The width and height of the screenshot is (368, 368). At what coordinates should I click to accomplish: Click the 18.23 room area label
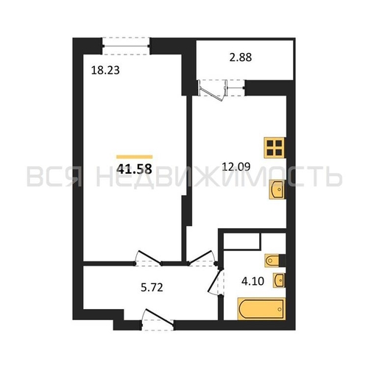[x=105, y=71]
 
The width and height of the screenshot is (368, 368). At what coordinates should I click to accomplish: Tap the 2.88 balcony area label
[x=241, y=57]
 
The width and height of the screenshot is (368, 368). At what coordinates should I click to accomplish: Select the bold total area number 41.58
[x=134, y=169]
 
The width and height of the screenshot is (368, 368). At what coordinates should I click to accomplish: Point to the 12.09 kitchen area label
[x=236, y=167]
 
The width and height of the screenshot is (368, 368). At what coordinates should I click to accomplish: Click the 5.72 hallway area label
[x=152, y=287]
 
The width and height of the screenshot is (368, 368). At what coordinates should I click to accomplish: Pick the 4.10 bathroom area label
[x=252, y=281]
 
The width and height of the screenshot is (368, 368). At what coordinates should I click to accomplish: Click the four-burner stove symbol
[x=275, y=147]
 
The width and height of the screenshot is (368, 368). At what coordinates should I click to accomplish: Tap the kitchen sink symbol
[x=277, y=189]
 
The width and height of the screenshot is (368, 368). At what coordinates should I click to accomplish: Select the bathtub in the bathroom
[x=261, y=309]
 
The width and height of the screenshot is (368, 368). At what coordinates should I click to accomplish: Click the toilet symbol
[x=272, y=261]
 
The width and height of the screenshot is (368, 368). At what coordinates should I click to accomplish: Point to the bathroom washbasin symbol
[x=279, y=280]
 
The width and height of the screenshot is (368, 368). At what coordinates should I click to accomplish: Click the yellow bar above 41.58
[x=135, y=157]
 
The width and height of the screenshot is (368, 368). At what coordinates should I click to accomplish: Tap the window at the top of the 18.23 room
[x=126, y=46]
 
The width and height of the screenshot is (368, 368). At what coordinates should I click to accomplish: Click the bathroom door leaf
[x=214, y=281]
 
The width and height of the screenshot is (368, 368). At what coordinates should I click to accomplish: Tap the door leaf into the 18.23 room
[x=149, y=257]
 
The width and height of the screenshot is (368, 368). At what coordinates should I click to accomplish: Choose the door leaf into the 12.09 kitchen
[x=200, y=257]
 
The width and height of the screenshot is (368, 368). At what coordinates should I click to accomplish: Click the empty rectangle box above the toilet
[x=242, y=241]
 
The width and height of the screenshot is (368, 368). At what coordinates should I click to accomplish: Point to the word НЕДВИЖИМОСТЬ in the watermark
[x=219, y=177]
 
